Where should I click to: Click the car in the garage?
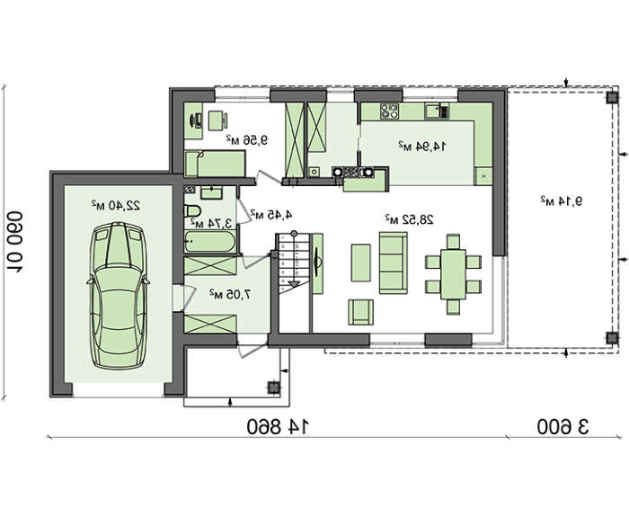pyautogui.click(x=118, y=296)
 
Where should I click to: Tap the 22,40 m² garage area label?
pyautogui.click(x=116, y=205)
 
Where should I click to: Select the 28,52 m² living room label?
pyautogui.click(x=409, y=219)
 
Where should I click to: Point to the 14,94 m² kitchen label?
pyautogui.click(x=422, y=147)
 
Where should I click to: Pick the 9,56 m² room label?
pyautogui.click(x=247, y=140)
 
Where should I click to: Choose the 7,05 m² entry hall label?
pyautogui.click(x=230, y=295)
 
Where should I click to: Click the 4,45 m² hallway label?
pyautogui.click(x=271, y=214)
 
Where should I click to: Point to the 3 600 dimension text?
pyautogui.click(x=563, y=427)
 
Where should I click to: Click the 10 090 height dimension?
pyautogui.click(x=14, y=241)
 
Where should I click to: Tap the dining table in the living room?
pyautogui.click(x=453, y=274)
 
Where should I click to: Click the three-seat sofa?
pyautogui.click(x=394, y=263)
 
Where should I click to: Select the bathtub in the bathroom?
pyautogui.click(x=210, y=241)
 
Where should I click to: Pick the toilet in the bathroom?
pyautogui.click(x=192, y=210)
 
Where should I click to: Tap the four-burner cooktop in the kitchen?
pyautogui.click(x=389, y=111)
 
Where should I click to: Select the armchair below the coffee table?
pyautogui.click(x=360, y=312)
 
